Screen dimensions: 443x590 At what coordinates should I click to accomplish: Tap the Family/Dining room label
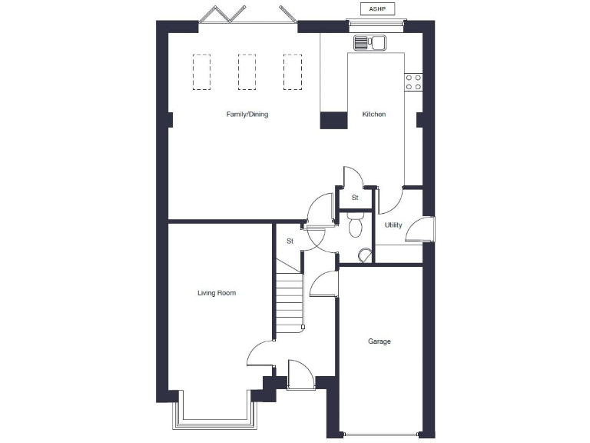247,115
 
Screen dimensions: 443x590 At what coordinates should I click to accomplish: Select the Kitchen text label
373,115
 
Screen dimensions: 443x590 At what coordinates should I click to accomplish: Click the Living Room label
216,293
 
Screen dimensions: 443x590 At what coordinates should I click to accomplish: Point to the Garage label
379,341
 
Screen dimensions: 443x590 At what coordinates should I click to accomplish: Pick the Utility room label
393,225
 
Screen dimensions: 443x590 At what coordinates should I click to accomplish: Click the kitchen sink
369,42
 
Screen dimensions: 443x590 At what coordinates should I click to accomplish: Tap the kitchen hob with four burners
413,82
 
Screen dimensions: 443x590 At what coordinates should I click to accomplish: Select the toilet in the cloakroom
355,225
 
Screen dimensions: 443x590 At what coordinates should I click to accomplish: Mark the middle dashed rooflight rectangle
247,72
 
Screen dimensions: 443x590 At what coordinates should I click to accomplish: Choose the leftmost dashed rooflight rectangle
201,72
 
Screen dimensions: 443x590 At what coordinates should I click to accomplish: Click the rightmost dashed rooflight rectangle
292,72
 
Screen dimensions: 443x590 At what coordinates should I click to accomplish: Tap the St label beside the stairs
290,241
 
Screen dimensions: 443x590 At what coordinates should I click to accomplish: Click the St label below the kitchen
355,198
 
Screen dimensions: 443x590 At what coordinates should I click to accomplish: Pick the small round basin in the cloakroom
363,255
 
